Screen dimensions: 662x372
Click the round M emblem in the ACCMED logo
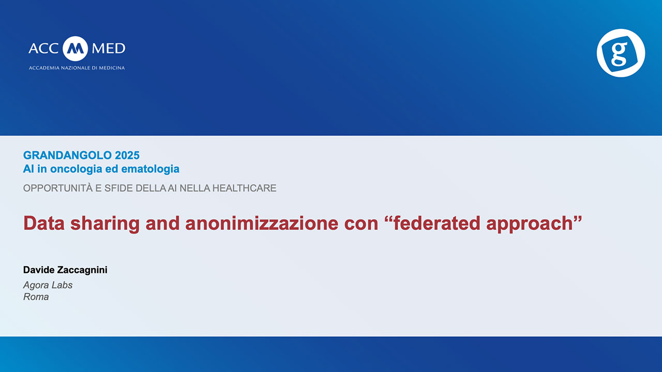(x=75, y=49)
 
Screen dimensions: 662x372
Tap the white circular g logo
(x=621, y=53)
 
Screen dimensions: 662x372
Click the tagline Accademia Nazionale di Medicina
(x=77, y=68)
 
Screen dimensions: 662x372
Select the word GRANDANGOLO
(x=67, y=156)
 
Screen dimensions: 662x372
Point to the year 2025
(x=127, y=156)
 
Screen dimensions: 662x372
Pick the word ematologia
(x=151, y=169)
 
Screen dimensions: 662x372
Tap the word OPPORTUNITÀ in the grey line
(x=58, y=188)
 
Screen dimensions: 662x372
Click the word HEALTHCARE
(x=245, y=188)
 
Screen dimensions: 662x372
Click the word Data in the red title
(x=44, y=223)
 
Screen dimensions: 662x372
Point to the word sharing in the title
(x=105, y=224)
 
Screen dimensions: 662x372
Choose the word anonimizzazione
(x=262, y=223)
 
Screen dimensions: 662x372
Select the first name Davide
(x=39, y=270)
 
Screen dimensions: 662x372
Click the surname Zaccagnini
(x=82, y=270)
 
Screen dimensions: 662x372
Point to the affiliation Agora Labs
(x=48, y=285)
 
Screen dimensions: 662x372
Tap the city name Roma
(x=36, y=297)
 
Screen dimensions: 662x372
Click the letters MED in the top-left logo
(x=109, y=49)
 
